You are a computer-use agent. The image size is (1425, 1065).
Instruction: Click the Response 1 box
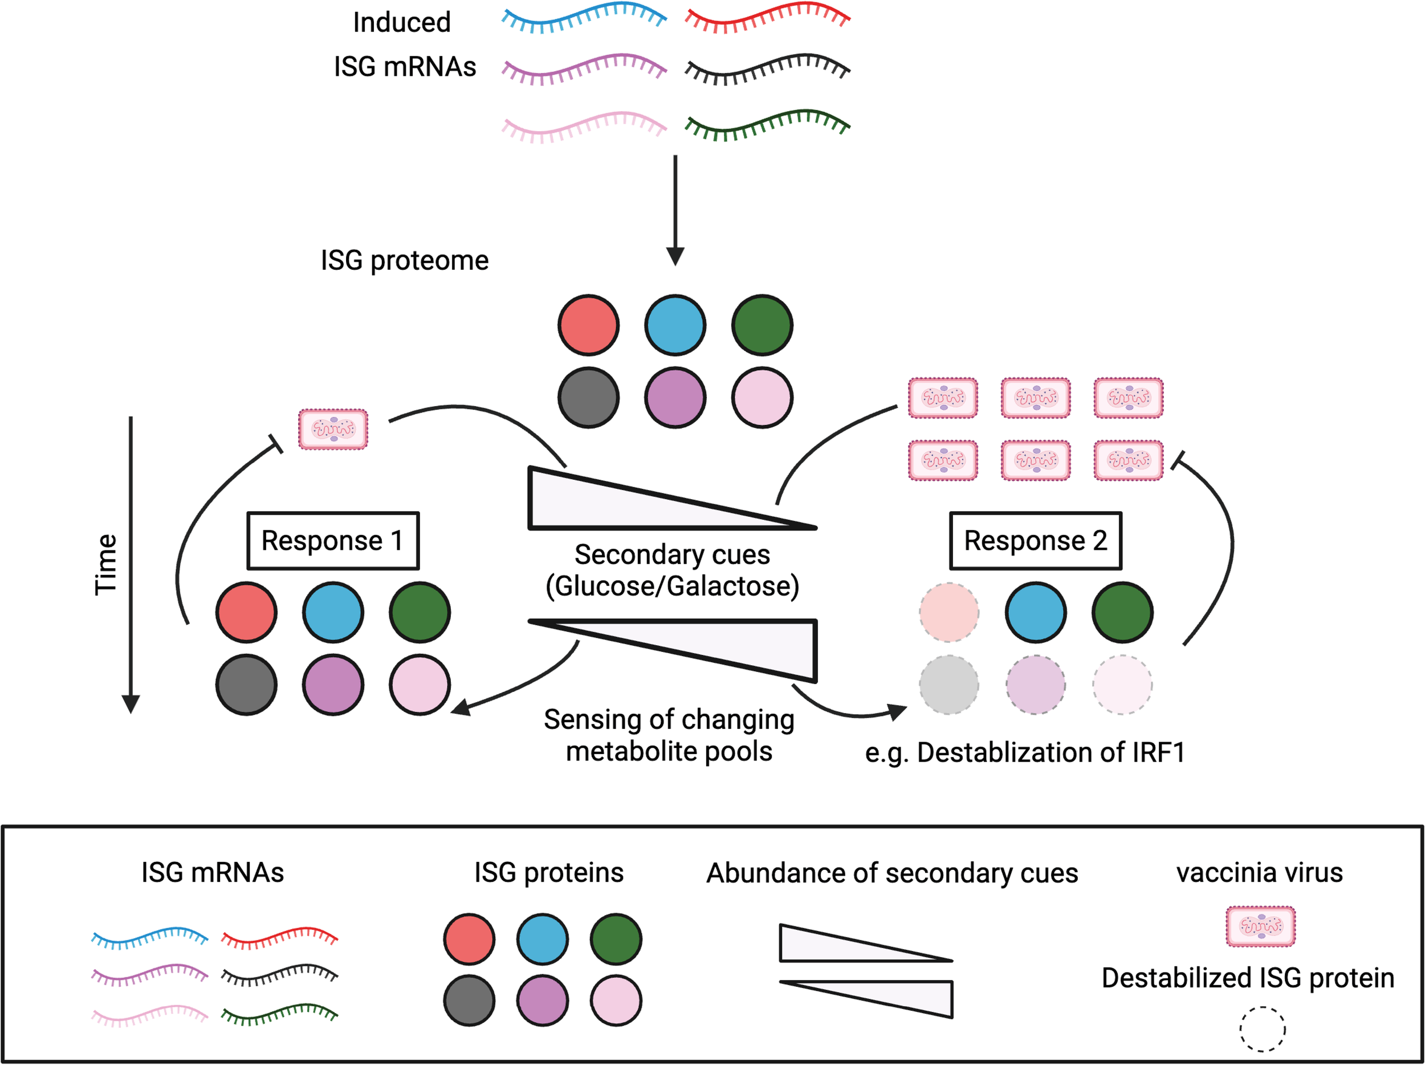333,541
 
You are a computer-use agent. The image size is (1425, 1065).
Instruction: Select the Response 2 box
1035,541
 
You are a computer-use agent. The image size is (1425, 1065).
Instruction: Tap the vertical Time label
105,564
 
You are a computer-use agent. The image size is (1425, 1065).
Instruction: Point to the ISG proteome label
405,261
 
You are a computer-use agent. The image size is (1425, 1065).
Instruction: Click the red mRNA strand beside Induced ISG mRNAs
767,18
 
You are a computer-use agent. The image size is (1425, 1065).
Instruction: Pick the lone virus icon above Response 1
333,429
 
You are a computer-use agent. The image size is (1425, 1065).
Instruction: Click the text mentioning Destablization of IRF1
1024,752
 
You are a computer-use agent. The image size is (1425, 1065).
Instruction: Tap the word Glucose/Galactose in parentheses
672,586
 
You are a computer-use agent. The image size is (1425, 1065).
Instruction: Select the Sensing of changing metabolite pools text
669,735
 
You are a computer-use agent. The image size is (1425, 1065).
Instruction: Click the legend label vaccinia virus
1260,872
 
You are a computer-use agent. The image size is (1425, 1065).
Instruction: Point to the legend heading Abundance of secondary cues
891,873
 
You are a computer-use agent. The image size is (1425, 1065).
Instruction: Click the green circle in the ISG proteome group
762,326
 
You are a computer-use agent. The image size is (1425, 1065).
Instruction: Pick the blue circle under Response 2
1035,613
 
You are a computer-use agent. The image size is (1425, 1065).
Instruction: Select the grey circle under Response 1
247,685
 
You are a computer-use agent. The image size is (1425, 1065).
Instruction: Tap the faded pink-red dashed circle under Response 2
949,613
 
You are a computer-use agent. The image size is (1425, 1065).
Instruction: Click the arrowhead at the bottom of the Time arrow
131,704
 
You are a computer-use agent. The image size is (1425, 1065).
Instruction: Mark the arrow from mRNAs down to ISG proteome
675,209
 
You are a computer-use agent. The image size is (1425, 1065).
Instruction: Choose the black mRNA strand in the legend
279,976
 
